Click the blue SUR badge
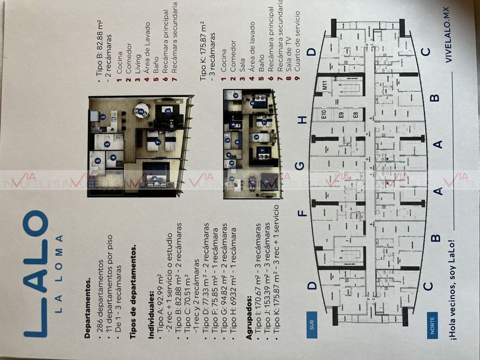(313, 326)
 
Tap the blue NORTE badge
(432, 326)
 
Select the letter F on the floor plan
(303, 214)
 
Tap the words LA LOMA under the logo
(59, 273)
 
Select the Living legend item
(138, 47)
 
